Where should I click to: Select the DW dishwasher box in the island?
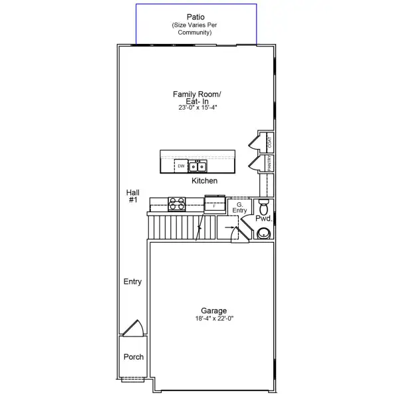(181, 166)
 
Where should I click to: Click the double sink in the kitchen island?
(198, 166)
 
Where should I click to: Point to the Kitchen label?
(204, 181)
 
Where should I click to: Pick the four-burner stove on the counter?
(177, 204)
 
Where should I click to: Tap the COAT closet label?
(269, 142)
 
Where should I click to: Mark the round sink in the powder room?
(264, 233)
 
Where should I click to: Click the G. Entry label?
(239, 207)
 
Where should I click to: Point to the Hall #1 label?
(132, 196)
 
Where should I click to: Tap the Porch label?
(134, 357)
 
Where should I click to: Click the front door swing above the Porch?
(133, 329)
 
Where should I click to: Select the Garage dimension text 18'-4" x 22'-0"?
(214, 319)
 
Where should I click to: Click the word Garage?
(214, 311)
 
